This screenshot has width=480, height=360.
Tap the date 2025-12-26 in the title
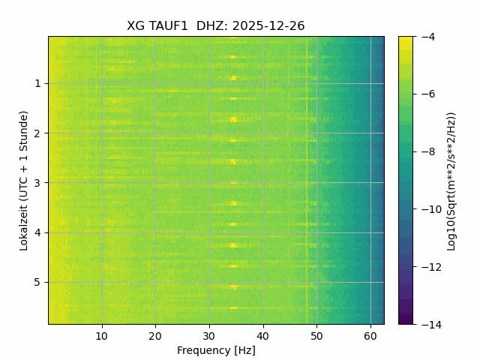pos(268,26)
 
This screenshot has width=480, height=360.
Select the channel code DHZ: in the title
pos(212,26)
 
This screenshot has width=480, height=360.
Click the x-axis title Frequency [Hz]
pos(216,350)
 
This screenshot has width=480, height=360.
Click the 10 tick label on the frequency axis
pos(102,336)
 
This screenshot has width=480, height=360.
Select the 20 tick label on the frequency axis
pos(155,336)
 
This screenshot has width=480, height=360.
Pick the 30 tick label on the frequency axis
pos(209,336)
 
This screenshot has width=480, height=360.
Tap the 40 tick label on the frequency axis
pos(262,336)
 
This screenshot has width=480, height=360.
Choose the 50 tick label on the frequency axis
pos(316,336)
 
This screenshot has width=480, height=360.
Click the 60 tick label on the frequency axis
pos(370,336)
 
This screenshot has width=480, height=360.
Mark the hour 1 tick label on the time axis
pos(37,83)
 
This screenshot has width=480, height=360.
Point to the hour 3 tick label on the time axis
pos(37,183)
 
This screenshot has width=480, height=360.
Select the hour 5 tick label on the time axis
pos(37,282)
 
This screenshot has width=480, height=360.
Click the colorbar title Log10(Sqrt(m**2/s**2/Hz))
pos(451,180)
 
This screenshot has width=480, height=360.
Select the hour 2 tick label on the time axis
pos(37,133)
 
